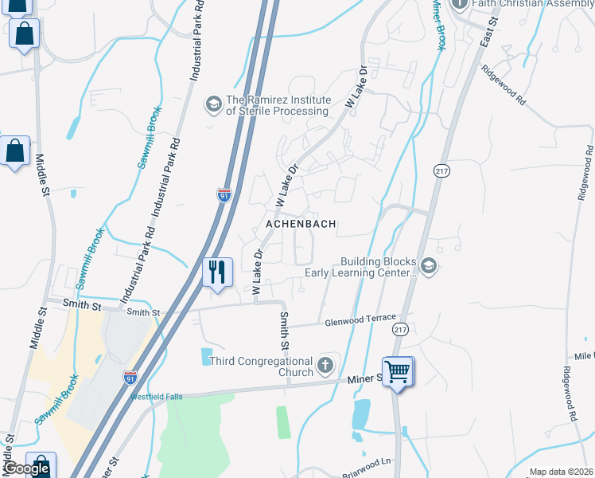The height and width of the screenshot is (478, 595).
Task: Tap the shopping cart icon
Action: (x=397, y=370)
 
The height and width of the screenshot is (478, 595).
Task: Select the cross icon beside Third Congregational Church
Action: (x=325, y=366)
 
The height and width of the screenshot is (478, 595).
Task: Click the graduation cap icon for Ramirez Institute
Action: (x=213, y=104)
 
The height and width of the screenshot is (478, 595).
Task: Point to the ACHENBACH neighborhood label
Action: (x=301, y=225)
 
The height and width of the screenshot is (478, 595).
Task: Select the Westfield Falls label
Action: (x=157, y=396)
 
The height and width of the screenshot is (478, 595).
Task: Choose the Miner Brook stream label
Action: (x=437, y=24)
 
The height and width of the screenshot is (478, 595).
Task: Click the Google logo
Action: (x=26, y=468)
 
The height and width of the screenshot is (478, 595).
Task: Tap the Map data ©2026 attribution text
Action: (x=561, y=472)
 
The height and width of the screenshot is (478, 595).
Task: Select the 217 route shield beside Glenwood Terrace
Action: (x=399, y=327)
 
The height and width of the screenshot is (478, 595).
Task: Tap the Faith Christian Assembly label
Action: (x=532, y=4)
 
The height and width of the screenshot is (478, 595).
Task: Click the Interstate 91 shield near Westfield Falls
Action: (x=129, y=378)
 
